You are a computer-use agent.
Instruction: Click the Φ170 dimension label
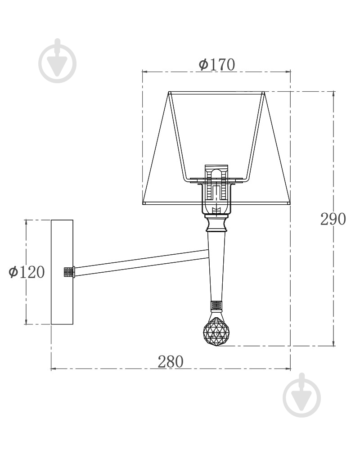click(217, 64)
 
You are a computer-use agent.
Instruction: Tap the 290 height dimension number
click(333, 219)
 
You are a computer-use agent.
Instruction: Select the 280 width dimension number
click(171, 361)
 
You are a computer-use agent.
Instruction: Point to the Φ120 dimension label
click(27, 271)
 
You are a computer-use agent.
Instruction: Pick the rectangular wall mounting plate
click(62, 272)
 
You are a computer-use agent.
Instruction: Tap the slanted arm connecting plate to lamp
click(141, 263)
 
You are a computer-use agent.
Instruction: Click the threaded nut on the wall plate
click(69, 272)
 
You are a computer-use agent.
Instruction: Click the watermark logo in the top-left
click(58, 61)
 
